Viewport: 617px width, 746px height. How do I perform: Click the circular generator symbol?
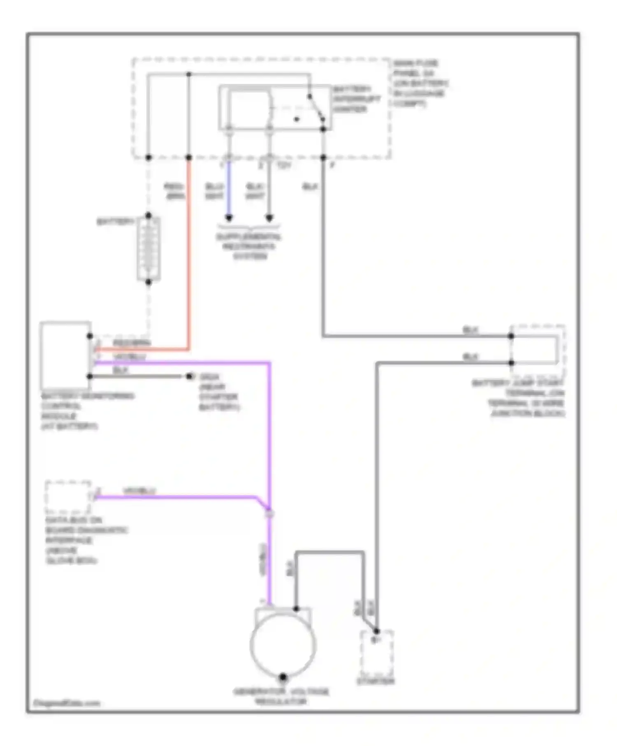point(283,645)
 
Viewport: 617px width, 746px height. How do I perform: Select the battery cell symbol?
point(148,249)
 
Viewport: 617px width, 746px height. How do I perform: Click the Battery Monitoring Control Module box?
point(65,356)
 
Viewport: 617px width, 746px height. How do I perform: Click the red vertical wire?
point(189,255)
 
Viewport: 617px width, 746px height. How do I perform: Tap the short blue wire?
point(229,189)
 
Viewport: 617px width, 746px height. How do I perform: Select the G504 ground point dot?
point(189,376)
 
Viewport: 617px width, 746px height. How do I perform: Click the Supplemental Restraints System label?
point(249,247)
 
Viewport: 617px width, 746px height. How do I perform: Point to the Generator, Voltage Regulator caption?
point(281,696)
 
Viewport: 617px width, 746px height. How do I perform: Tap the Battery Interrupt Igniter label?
point(356,99)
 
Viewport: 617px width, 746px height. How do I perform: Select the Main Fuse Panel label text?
point(420,83)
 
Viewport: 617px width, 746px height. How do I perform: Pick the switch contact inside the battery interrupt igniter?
point(316,108)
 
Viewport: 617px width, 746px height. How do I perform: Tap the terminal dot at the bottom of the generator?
point(283,677)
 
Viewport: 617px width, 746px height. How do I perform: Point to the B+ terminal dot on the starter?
point(376,631)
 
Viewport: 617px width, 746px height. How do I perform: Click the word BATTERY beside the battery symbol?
point(116,222)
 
